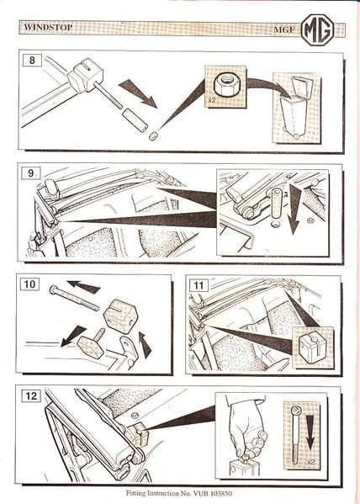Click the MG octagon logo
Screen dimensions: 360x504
coord(318,29)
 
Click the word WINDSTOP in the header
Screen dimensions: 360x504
coord(48,27)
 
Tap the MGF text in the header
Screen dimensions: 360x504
coord(283,29)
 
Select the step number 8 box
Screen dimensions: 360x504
coord(32,60)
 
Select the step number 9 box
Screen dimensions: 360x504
coord(31,173)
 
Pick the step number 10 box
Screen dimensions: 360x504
coord(30,284)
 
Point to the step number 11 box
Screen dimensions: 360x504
coord(199,285)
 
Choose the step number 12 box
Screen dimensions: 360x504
coord(31,395)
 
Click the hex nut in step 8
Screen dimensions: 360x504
coord(227,84)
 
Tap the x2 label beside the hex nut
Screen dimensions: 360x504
coord(211,100)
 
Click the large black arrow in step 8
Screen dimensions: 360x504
coord(138,93)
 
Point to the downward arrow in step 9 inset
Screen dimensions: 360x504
coord(294,210)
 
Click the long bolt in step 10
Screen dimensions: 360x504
coord(74,298)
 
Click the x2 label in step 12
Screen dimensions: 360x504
coord(310,463)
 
